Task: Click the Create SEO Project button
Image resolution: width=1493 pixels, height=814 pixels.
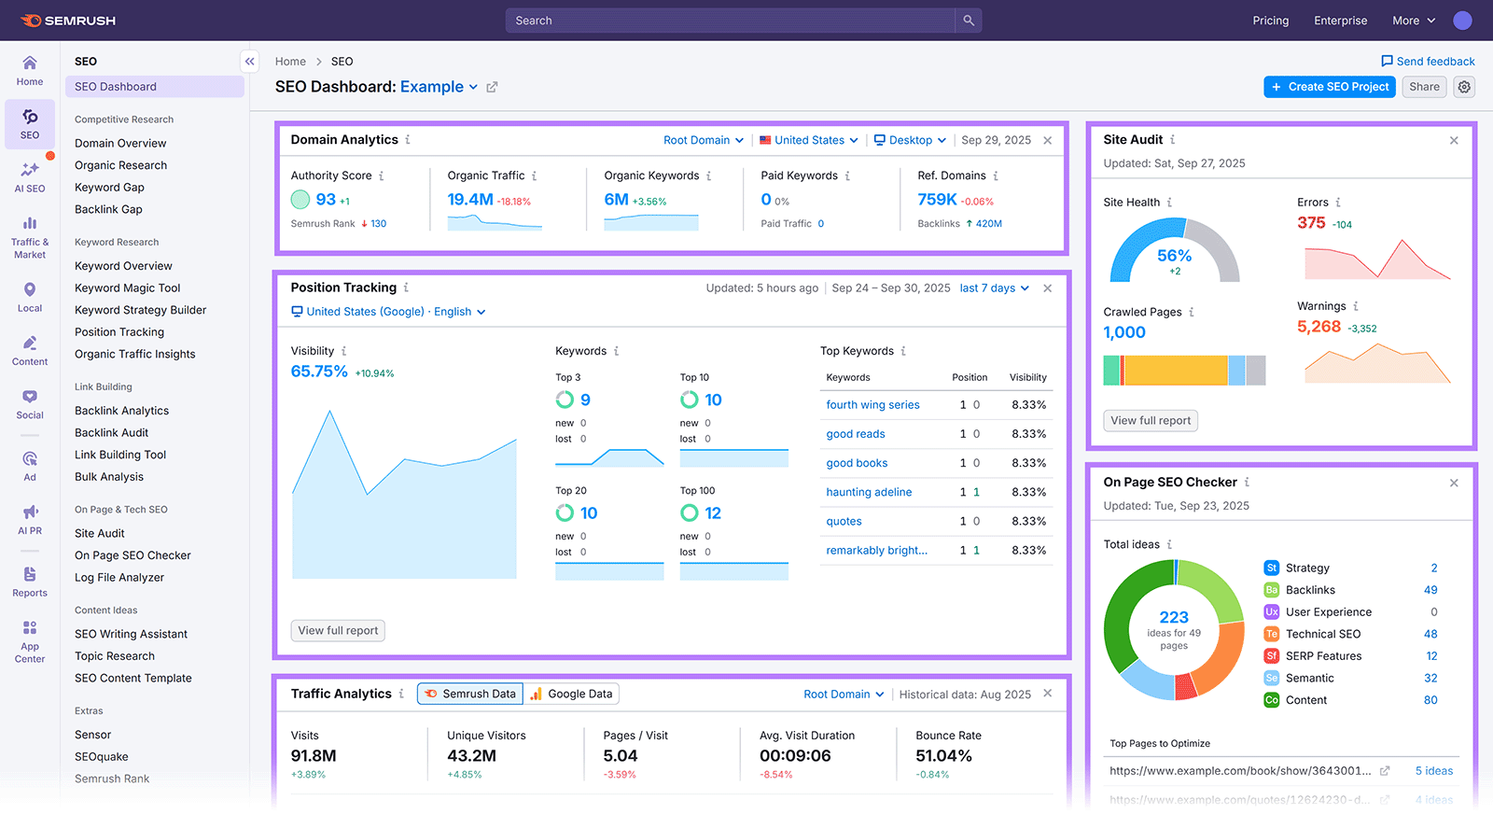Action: click(1330, 87)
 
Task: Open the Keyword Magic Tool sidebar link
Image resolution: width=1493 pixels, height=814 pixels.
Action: click(128, 288)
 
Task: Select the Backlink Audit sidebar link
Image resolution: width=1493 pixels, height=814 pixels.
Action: click(112, 432)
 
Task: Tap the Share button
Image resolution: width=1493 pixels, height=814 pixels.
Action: click(1424, 87)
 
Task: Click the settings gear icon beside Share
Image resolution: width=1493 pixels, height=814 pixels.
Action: click(1465, 87)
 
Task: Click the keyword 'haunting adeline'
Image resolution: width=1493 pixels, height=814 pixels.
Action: click(869, 492)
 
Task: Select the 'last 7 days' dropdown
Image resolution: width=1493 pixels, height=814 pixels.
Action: click(994, 288)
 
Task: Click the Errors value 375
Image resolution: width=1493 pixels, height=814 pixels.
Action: click(1311, 222)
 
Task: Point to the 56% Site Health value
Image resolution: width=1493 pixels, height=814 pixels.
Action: click(1174, 256)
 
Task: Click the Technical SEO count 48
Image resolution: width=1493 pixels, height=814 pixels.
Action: click(1430, 634)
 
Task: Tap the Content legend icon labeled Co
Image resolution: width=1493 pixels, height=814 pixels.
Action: click(1271, 700)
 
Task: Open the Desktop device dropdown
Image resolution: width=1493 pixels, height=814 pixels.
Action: click(910, 140)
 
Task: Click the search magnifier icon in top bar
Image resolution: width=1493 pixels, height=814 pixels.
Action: click(969, 21)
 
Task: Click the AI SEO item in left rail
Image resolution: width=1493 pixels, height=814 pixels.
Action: click(30, 176)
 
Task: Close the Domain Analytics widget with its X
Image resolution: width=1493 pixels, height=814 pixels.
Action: click(1048, 140)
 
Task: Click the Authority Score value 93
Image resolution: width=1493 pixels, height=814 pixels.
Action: click(326, 199)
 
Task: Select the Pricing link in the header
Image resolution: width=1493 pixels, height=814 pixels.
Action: click(1270, 21)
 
